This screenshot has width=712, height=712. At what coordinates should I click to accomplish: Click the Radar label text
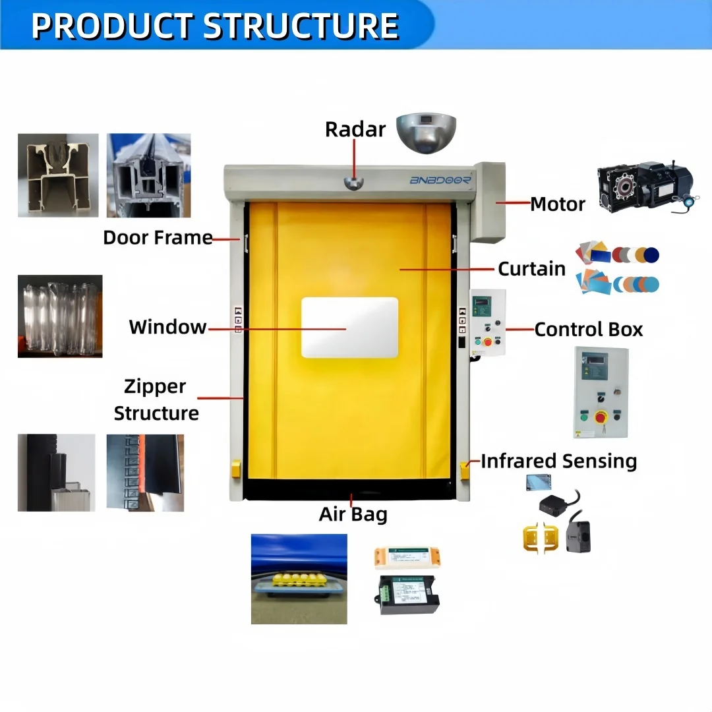click(x=355, y=129)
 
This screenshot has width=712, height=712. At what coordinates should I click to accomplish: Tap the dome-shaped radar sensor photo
click(x=426, y=131)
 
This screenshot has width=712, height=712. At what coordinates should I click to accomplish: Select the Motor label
click(x=558, y=204)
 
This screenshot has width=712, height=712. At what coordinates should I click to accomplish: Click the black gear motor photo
click(x=647, y=184)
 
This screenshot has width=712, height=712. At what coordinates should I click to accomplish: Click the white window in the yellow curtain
click(x=349, y=328)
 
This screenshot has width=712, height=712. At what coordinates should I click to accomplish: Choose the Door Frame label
click(x=158, y=237)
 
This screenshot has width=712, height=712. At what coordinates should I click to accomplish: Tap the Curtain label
click(x=531, y=269)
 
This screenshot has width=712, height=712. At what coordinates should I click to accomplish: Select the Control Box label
click(x=588, y=329)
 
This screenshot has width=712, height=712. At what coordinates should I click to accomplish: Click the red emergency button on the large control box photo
click(x=601, y=417)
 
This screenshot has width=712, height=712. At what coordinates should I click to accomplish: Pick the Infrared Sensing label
click(x=558, y=461)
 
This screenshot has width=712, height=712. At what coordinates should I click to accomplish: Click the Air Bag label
click(x=353, y=514)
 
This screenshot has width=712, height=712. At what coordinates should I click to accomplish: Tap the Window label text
click(x=167, y=327)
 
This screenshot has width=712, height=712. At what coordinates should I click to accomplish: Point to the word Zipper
click(x=155, y=386)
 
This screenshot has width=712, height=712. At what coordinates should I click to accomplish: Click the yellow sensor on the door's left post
click(x=236, y=469)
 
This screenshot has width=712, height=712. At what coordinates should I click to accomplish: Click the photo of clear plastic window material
click(x=60, y=316)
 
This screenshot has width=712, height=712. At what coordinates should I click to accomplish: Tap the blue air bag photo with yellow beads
click(x=299, y=579)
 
